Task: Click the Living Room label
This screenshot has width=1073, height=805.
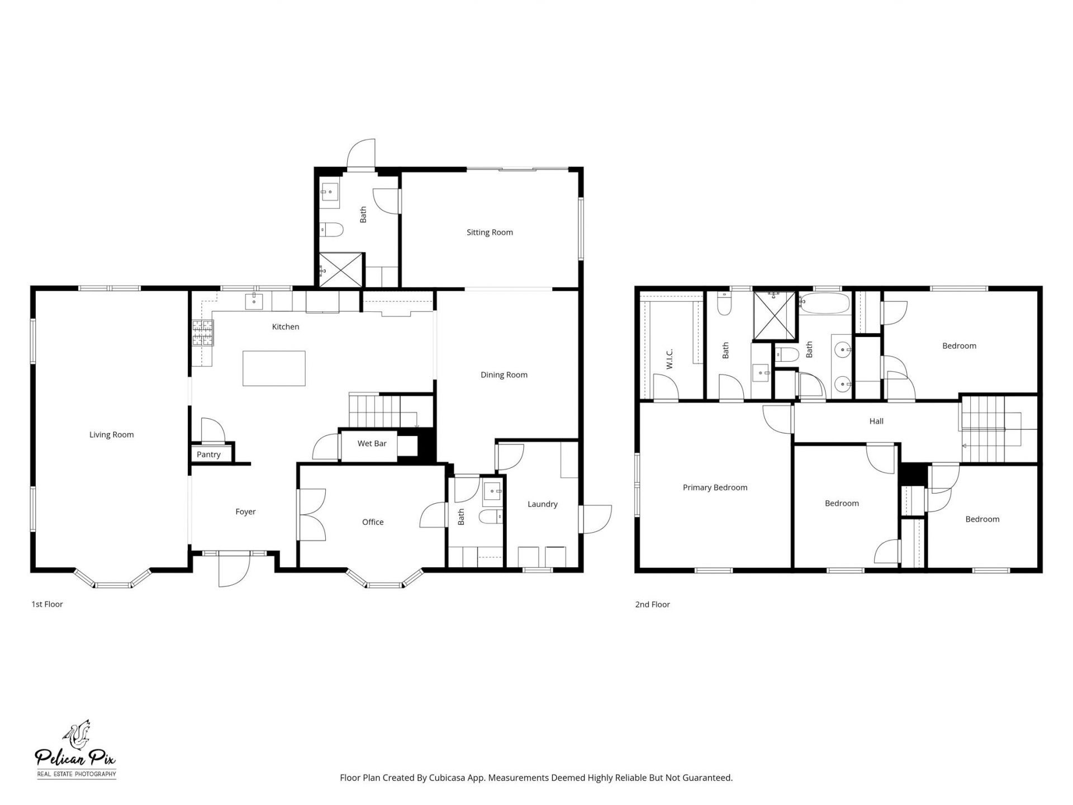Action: point(111,434)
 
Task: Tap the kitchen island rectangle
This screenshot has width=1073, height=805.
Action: point(274,368)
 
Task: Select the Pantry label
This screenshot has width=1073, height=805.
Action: point(208,454)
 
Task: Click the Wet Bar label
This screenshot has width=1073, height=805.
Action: point(372,443)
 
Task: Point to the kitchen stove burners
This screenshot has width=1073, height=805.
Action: point(203,333)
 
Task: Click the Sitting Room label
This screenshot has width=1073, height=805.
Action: point(490,232)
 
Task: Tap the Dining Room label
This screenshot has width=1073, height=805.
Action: point(504,375)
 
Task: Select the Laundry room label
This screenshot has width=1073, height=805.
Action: point(542,504)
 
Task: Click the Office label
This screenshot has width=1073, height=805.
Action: point(373,522)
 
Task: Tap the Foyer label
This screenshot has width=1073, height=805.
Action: point(245,512)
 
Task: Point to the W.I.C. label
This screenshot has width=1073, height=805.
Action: point(670,358)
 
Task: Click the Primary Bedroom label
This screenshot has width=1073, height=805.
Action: point(715,487)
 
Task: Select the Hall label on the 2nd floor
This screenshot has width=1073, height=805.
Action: point(876,421)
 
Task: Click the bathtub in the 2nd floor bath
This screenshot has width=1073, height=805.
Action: point(824,304)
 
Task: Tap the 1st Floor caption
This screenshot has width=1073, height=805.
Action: point(47,604)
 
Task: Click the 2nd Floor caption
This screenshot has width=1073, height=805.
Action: point(652,604)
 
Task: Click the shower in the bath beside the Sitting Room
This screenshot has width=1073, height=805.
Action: point(340,270)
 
